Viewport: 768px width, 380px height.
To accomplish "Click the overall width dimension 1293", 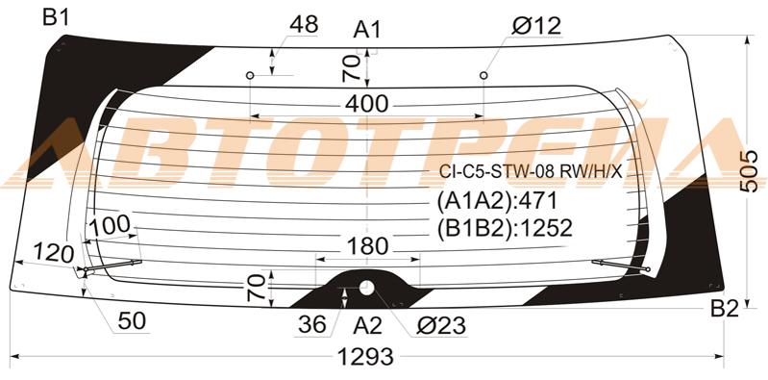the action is [366, 357].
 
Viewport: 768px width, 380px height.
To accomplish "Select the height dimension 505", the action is [749, 171].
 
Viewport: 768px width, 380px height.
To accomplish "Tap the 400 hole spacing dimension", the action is [367, 104].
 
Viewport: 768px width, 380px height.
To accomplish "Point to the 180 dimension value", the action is [367, 246].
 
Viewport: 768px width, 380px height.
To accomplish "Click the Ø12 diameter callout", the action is [536, 26].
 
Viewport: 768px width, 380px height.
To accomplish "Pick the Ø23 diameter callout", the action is [441, 325].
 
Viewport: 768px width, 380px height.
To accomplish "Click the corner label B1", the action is [56, 17].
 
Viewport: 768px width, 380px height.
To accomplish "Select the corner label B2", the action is [725, 310].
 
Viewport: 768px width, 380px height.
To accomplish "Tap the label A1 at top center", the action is [367, 31].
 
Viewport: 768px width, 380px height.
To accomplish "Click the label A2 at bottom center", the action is [368, 325].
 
